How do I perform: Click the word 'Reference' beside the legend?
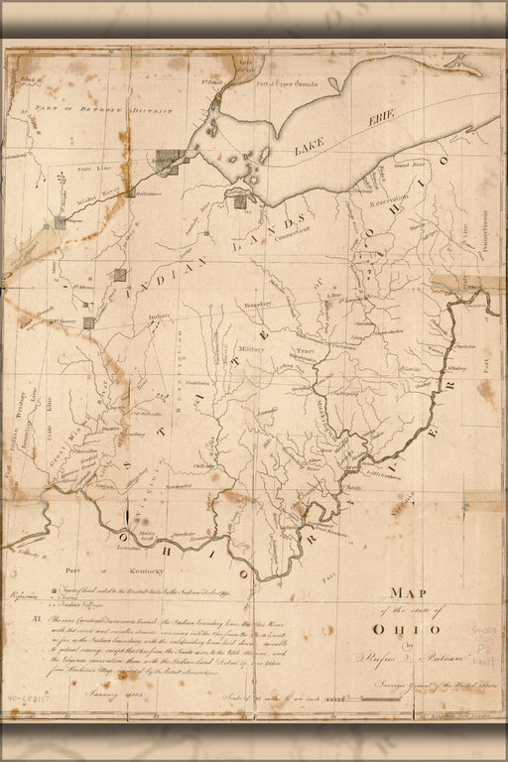pyautogui.click(x=21, y=595)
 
